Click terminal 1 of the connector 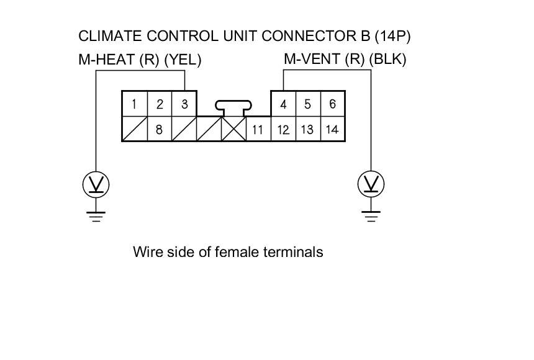click(135, 104)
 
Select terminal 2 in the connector click(160, 104)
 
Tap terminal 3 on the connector click(184, 104)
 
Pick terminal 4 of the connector click(283, 104)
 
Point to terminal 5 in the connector click(308, 104)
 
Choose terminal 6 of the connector click(333, 104)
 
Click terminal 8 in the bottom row click(160, 130)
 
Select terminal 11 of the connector click(258, 130)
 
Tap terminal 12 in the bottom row click(283, 130)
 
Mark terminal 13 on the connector click(308, 130)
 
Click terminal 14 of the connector click(333, 130)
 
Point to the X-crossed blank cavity click(234, 129)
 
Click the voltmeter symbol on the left click(96, 184)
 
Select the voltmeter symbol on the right click(371, 184)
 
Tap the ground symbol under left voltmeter click(96, 215)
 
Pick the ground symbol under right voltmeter click(371, 215)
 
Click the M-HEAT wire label click(140, 60)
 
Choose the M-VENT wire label click(345, 60)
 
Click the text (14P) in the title click(393, 37)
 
